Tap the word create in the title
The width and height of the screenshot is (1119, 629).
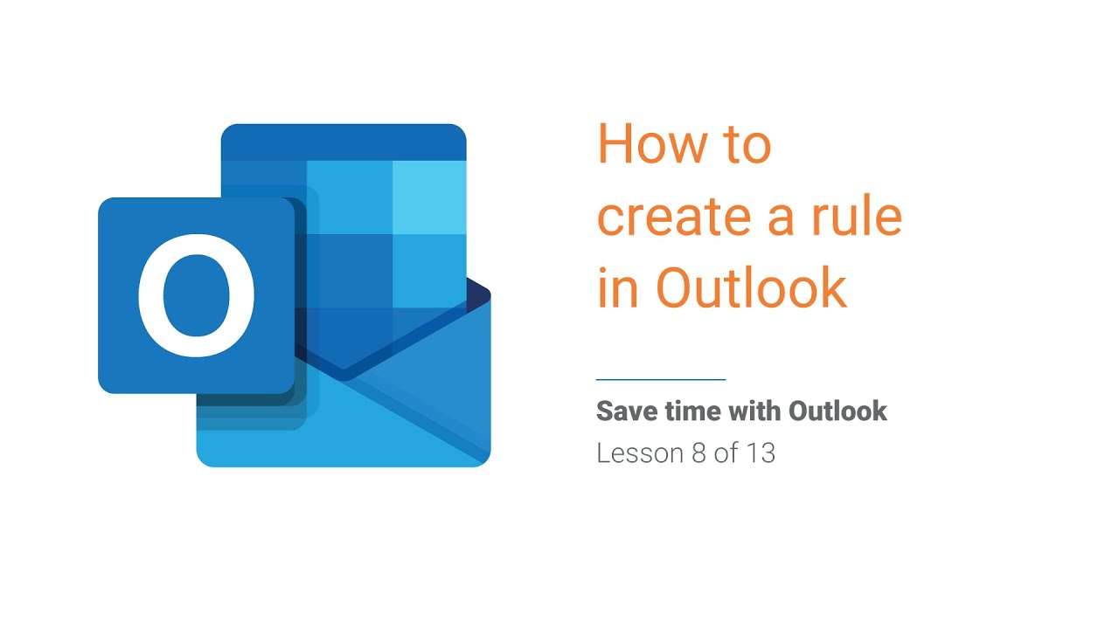coord(671,217)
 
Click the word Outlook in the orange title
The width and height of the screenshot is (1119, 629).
coord(751,288)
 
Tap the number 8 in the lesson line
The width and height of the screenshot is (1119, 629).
coord(686,453)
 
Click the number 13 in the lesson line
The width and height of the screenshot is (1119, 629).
coord(760,453)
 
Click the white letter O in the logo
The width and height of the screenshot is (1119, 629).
coord(197,295)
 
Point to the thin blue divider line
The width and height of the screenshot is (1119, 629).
coord(661,380)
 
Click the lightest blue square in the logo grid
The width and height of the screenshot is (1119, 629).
coord(428,197)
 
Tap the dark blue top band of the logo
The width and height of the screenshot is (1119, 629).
coord(344,142)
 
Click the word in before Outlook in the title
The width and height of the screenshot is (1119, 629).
coord(618,288)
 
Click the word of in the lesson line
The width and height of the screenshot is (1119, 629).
coord(725,453)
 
